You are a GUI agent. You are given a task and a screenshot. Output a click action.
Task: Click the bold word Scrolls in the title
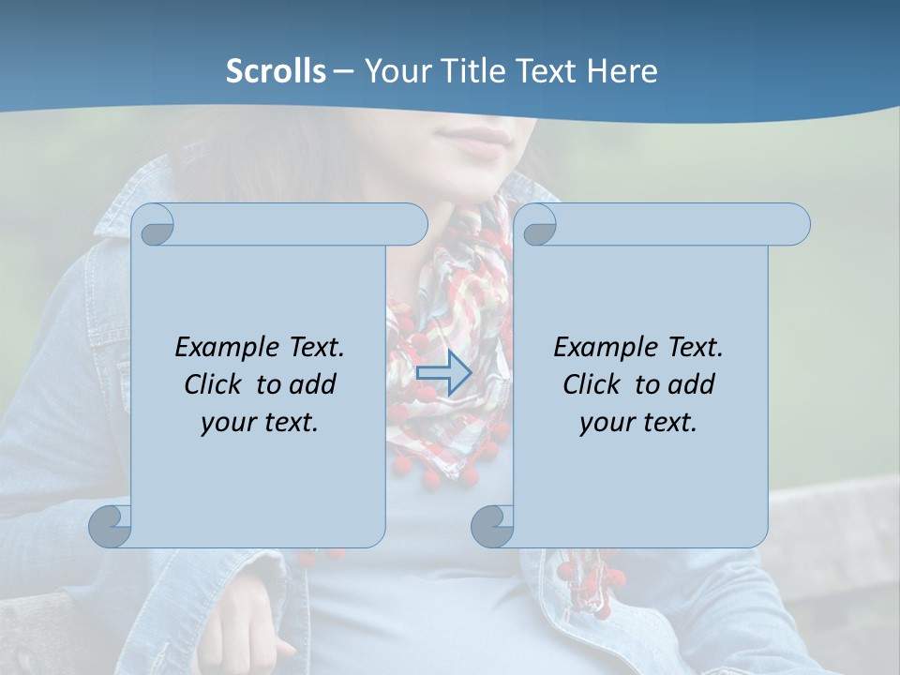tap(276, 71)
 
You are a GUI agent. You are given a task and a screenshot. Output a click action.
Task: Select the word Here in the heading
tap(622, 71)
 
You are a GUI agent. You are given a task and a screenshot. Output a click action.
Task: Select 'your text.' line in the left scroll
tap(260, 422)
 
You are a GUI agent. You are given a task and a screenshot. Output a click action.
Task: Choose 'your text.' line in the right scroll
tap(638, 422)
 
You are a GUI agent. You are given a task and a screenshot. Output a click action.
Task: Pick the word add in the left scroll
tap(313, 384)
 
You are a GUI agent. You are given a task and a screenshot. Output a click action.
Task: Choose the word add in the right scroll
tap(692, 384)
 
